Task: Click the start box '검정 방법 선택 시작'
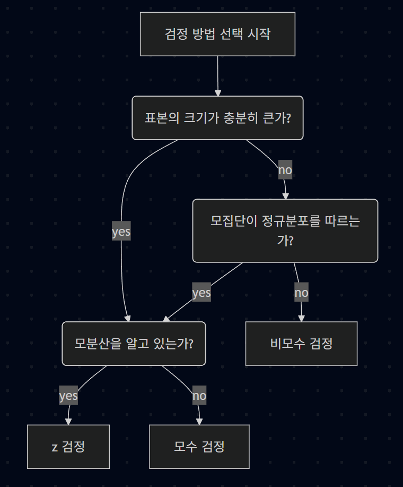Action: pyautogui.click(x=217, y=34)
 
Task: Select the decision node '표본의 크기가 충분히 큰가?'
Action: pyautogui.click(x=217, y=117)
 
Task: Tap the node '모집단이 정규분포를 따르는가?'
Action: pyautogui.click(x=285, y=230)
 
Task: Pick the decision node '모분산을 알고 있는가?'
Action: pyautogui.click(x=134, y=343)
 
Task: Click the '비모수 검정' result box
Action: pyautogui.click(x=301, y=343)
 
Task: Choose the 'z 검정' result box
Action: pyautogui.click(x=68, y=446)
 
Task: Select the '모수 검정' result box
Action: pyautogui.click(x=199, y=446)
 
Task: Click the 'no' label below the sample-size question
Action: pyautogui.click(x=285, y=170)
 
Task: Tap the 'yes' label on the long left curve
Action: pyautogui.click(x=121, y=232)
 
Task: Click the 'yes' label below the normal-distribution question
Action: pyautogui.click(x=202, y=293)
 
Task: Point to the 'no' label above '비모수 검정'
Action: pyautogui.click(x=301, y=293)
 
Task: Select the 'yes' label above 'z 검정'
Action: pyautogui.click(x=68, y=396)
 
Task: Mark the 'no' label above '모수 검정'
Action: pyautogui.click(x=199, y=396)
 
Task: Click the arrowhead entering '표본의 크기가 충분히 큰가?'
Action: pyautogui.click(x=217, y=92)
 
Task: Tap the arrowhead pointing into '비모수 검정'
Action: pyautogui.click(x=301, y=318)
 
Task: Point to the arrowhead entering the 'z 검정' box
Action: pyautogui.click(x=68, y=421)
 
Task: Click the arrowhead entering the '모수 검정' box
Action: pyautogui.click(x=199, y=421)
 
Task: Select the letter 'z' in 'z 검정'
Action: pyautogui.click(x=55, y=447)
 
